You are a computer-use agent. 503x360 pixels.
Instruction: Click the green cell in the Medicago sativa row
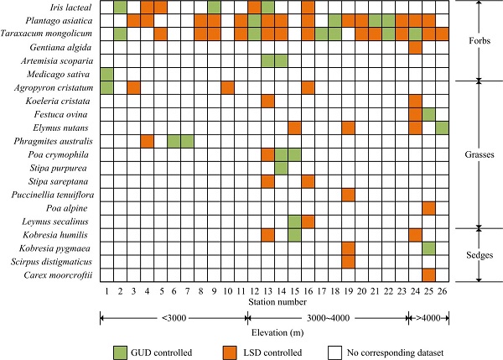point(106,74)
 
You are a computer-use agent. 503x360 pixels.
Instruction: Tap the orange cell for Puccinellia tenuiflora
point(350,195)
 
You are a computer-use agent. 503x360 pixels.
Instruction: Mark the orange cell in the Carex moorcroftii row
point(429,274)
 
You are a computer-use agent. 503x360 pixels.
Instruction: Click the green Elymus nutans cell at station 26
point(443,128)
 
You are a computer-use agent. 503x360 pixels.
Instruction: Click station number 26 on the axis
point(443,290)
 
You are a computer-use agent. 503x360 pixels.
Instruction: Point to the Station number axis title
point(275,300)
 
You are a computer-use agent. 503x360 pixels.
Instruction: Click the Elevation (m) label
point(275,331)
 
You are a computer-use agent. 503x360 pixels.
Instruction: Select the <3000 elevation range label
point(174,317)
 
